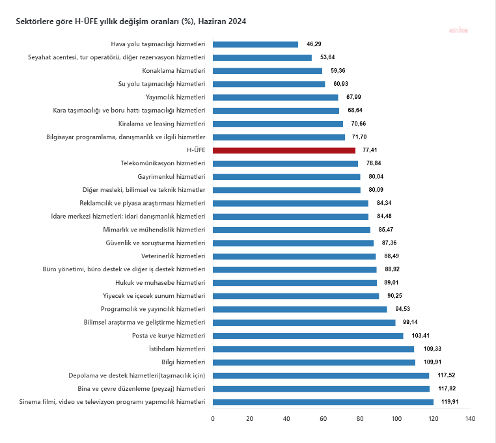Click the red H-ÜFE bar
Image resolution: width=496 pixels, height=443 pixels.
point(284,150)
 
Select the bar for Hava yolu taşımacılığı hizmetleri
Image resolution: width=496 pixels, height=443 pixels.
point(255,44)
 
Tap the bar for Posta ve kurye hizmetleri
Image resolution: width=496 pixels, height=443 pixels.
point(308,336)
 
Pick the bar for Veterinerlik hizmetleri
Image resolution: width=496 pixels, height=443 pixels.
point(294,256)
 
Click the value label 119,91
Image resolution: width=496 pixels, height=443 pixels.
point(451,402)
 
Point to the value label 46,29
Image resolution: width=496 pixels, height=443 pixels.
point(314,44)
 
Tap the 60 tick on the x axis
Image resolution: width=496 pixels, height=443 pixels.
point(324,419)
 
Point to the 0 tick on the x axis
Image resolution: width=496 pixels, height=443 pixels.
point(213,419)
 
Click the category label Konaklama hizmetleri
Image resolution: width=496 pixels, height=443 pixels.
point(173,71)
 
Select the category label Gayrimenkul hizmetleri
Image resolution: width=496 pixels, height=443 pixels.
point(171,177)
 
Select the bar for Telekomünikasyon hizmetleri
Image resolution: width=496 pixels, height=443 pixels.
point(285,163)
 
